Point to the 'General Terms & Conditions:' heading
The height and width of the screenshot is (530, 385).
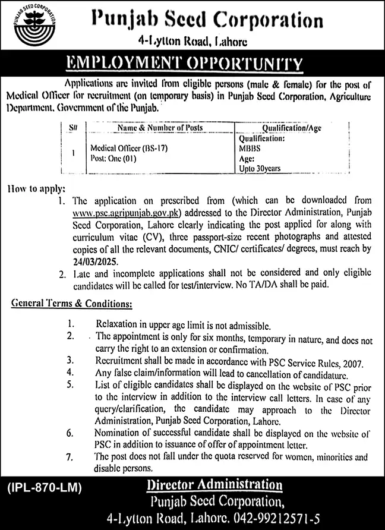(x=71, y=304)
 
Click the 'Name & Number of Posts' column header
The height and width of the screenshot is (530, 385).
(x=160, y=127)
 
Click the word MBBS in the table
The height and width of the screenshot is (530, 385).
(x=248, y=150)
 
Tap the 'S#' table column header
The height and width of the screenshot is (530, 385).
(x=72, y=127)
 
